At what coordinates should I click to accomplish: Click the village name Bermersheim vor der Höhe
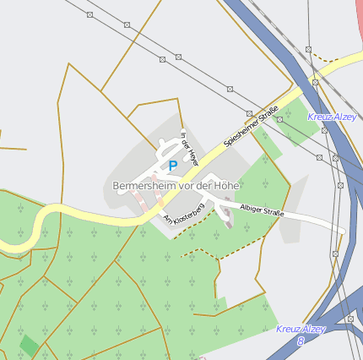(x=176, y=185)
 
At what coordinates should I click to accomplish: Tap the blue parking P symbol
(x=173, y=166)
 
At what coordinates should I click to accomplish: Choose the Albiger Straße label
(x=262, y=210)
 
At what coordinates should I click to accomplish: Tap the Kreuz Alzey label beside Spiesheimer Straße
(x=332, y=117)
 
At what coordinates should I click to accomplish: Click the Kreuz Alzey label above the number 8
(x=301, y=329)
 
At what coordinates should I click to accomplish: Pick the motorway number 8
(x=301, y=341)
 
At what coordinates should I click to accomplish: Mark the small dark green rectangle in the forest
(x=30, y=345)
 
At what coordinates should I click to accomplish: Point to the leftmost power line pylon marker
(x=90, y=14)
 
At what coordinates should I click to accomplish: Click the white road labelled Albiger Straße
(x=312, y=221)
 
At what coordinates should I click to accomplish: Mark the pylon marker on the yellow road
(x=315, y=82)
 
